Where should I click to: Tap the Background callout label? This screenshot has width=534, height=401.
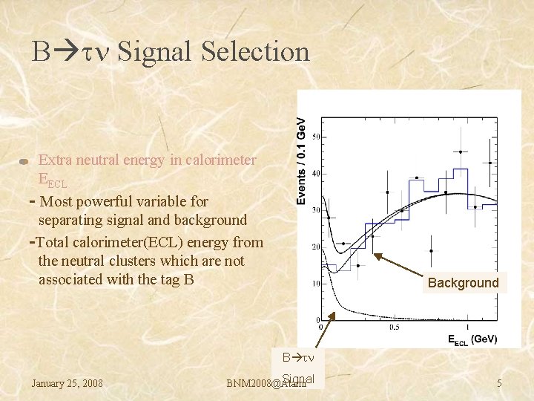(463, 283)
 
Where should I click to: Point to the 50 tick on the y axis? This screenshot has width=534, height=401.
(316, 137)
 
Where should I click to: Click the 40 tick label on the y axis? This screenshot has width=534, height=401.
(316, 173)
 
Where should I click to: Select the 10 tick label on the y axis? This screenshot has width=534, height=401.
(316, 283)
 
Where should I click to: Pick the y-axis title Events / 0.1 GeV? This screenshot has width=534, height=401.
(301, 160)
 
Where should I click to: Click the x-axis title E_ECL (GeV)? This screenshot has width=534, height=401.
(472, 339)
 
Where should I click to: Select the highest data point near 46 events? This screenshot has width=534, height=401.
(460, 151)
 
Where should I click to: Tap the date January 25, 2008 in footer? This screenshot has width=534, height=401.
(67, 383)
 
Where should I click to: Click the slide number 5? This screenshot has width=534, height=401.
(500, 383)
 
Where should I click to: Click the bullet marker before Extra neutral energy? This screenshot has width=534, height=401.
(24, 161)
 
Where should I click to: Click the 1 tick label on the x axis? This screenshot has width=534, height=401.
(467, 327)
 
